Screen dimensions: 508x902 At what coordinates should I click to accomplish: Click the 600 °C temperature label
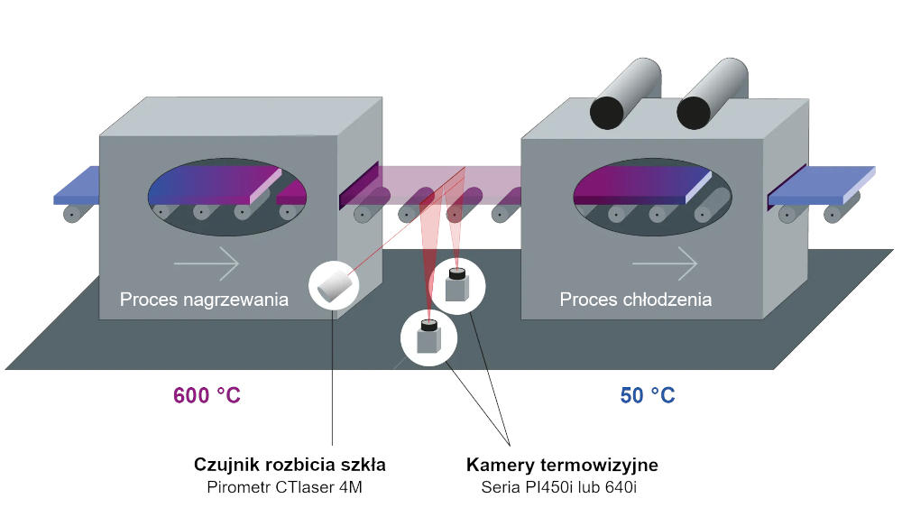[x=207, y=395]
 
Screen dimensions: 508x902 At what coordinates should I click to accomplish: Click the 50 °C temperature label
[x=647, y=395]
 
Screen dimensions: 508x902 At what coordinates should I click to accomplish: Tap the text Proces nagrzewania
[x=204, y=300]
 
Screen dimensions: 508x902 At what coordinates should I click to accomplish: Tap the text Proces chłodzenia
[x=635, y=300]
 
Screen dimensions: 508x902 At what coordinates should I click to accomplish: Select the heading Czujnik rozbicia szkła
[x=290, y=466]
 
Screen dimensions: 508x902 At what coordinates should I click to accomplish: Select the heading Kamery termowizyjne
[x=561, y=466]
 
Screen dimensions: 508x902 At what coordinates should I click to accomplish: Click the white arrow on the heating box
[x=207, y=263]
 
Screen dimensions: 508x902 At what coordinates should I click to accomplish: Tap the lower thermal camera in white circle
[x=428, y=337]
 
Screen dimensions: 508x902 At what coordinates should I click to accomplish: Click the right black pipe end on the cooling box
[x=695, y=110]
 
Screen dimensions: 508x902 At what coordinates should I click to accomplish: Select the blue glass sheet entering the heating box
[x=76, y=184]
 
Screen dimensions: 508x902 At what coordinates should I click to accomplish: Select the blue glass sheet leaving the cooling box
[x=821, y=184]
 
